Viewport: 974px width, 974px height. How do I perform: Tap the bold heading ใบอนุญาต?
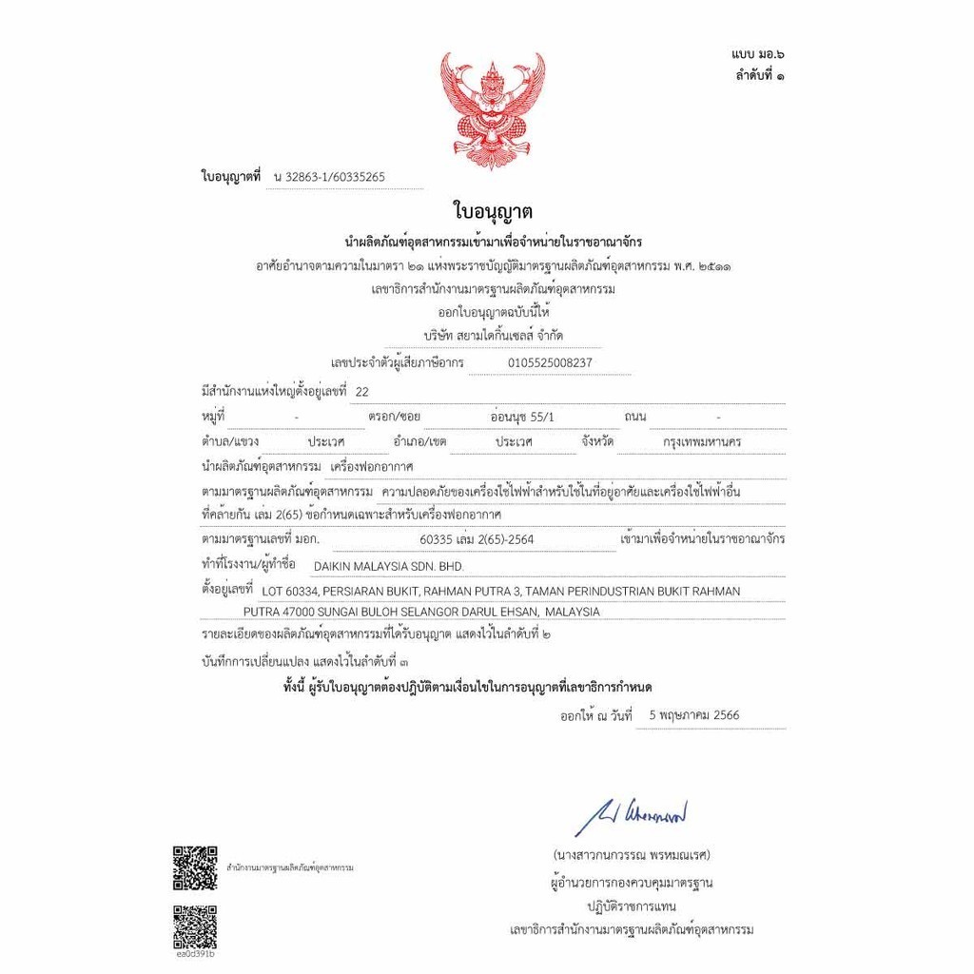coord(492,211)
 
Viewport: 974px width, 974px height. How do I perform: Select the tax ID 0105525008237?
coord(550,362)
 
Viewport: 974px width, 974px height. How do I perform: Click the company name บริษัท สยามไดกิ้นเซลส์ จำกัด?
coord(497,336)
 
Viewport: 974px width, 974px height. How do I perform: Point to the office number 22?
coord(360,390)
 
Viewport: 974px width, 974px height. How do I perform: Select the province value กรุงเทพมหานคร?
coord(703,442)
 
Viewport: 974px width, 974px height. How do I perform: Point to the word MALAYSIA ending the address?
coord(574,612)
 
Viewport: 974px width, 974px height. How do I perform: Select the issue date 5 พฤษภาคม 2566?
coord(693,714)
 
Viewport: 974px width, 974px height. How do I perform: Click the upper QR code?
coord(195,867)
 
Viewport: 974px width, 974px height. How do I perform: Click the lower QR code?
coord(195,925)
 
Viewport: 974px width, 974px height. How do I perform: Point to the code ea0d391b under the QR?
coord(195,954)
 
